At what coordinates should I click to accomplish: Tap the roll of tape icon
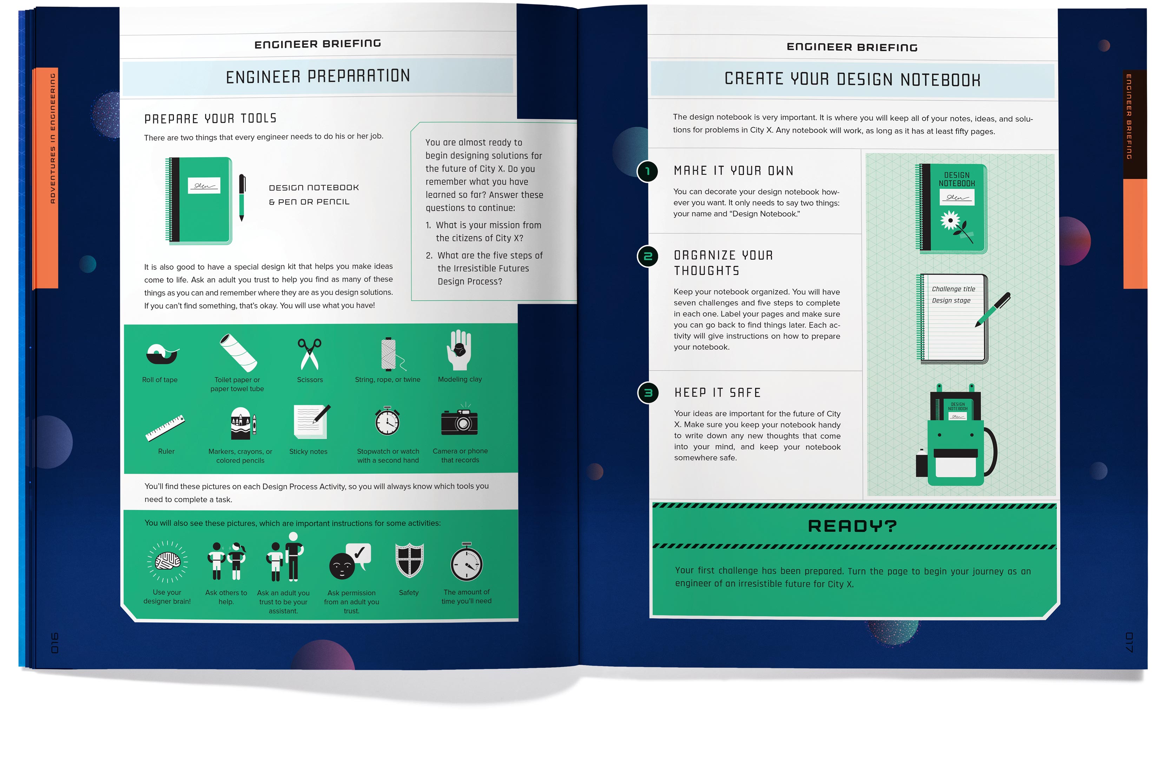coord(162,354)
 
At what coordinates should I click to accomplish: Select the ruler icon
coord(165,428)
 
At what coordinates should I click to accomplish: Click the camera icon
coord(460,420)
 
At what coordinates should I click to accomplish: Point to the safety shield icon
coord(409,560)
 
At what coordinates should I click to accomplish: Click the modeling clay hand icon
coord(459,350)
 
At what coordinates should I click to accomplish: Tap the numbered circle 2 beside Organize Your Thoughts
coord(648,256)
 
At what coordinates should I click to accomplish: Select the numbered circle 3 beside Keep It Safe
coord(648,393)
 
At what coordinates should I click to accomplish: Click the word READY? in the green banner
coord(852,526)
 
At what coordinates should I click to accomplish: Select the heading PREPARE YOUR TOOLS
coord(210,119)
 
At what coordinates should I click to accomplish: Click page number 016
coord(54,643)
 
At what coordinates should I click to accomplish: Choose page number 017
coord(1129,642)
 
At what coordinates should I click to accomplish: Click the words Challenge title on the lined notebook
coord(953,289)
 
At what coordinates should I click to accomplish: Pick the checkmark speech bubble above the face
coord(358,555)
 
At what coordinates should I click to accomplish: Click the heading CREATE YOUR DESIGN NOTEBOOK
coord(852,79)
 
